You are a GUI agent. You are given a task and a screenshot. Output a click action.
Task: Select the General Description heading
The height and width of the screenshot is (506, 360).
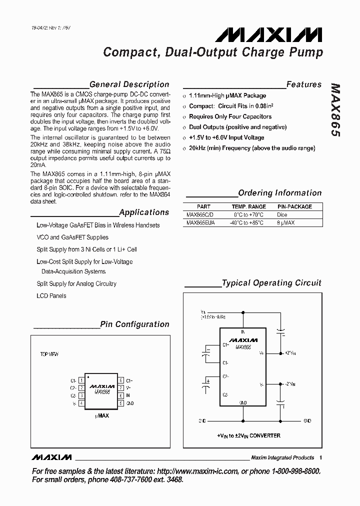click(x=129, y=84)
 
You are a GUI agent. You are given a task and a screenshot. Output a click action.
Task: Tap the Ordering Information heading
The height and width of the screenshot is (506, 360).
click(x=280, y=193)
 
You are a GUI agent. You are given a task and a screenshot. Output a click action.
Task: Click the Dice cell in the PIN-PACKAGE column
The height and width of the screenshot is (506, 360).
click(x=282, y=214)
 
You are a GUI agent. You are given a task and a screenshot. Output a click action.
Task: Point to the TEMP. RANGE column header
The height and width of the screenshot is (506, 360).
click(x=249, y=206)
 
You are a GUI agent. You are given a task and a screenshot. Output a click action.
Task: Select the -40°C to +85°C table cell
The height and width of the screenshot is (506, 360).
click(x=247, y=223)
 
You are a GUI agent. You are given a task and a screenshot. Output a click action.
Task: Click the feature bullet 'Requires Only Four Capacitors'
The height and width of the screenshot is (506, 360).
click(x=230, y=116)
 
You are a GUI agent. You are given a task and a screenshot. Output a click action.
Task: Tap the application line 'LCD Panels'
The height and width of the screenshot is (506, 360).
click(x=51, y=295)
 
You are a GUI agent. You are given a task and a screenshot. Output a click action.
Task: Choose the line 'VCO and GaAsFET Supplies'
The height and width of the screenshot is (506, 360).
click(x=72, y=237)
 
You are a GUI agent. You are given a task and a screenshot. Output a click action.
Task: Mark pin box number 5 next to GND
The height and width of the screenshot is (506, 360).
click(x=120, y=402)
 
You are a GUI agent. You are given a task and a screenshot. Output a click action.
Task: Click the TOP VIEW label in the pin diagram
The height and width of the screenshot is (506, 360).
click(x=49, y=354)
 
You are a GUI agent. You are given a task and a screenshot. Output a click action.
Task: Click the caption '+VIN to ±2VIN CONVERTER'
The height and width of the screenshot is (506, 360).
click(x=248, y=435)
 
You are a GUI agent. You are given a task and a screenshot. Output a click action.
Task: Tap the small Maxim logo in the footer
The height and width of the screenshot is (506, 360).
click(x=51, y=457)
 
